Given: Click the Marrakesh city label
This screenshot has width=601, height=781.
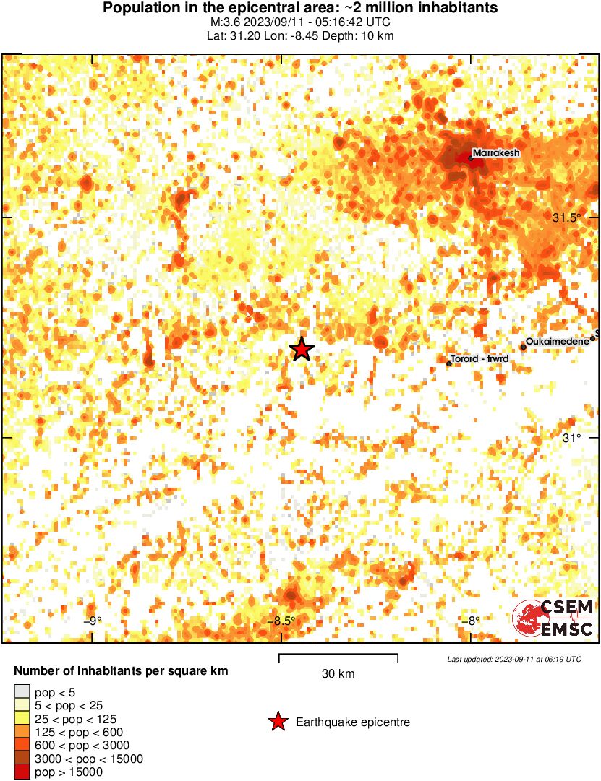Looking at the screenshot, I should click(x=496, y=152).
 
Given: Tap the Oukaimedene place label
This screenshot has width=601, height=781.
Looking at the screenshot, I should click(x=558, y=340).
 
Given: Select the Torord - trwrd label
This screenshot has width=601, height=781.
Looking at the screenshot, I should click(x=481, y=358).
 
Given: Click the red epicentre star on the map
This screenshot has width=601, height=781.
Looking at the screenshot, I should click(x=302, y=350).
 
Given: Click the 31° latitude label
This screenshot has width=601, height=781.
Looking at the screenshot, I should click(x=572, y=438).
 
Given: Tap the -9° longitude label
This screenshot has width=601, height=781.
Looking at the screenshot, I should click(x=92, y=621).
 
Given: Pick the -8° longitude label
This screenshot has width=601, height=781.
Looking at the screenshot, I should click(x=471, y=621).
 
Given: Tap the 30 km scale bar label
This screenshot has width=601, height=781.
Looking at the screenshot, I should click(x=338, y=674).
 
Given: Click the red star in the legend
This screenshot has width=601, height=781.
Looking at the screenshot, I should click(x=277, y=722).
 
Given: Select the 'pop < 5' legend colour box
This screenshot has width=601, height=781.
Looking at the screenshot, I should click(x=22, y=692).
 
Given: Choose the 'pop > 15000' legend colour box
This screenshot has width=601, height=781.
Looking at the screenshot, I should click(x=22, y=772).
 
